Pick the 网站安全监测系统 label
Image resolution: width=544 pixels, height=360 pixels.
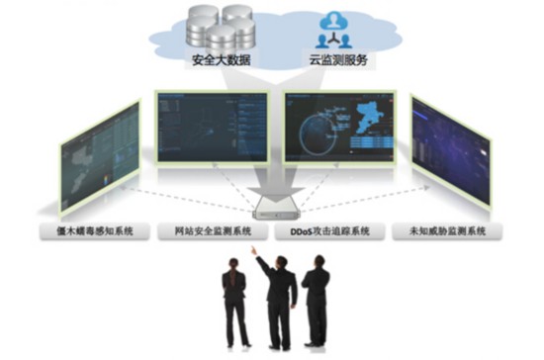211,232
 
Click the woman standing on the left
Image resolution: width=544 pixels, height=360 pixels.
233,302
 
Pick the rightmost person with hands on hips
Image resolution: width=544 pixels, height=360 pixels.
316,297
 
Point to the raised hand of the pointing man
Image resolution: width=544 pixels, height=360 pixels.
254,251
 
